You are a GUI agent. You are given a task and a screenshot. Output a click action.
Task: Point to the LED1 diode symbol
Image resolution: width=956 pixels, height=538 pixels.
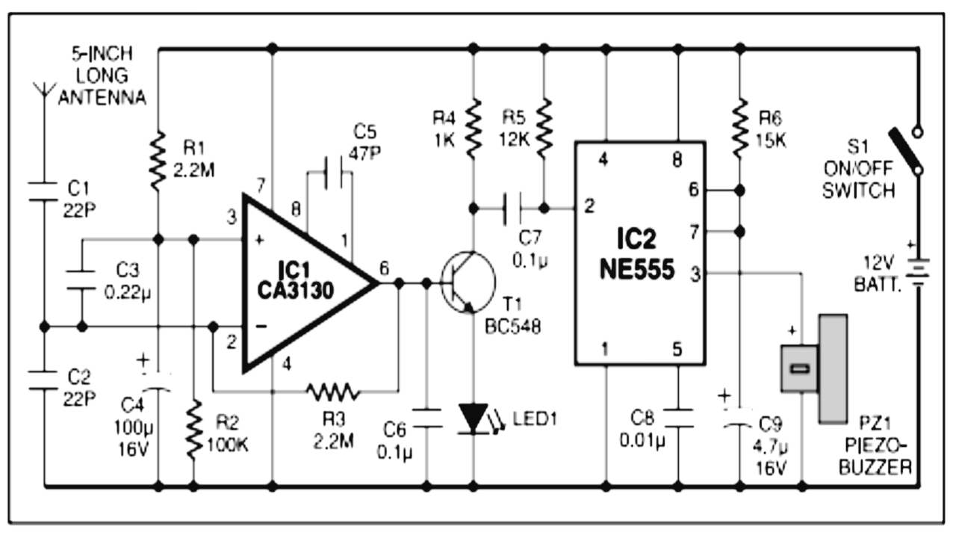click(473, 418)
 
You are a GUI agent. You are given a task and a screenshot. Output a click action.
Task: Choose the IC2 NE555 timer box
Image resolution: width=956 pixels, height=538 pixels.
click(639, 254)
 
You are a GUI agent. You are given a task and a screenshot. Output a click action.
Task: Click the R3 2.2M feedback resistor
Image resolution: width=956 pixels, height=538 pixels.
click(332, 390)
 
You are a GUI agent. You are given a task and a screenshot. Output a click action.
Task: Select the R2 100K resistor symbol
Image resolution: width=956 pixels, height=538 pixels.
click(193, 430)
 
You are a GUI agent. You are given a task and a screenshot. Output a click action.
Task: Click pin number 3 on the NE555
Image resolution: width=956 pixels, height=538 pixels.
click(694, 274)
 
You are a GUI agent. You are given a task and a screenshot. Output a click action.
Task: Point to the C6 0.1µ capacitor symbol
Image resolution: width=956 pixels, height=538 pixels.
click(427, 418)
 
